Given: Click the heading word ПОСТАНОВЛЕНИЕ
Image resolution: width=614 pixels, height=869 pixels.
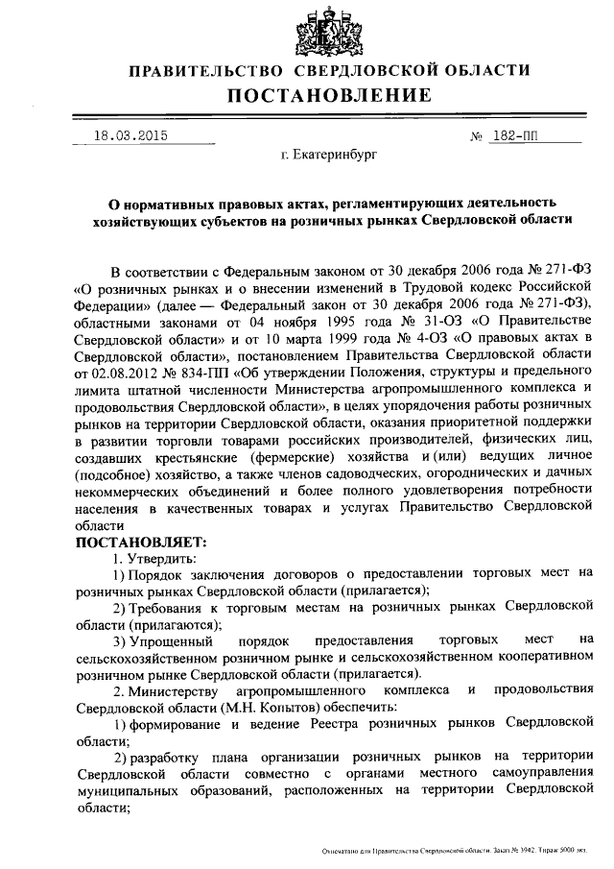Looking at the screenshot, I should coord(329,95).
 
